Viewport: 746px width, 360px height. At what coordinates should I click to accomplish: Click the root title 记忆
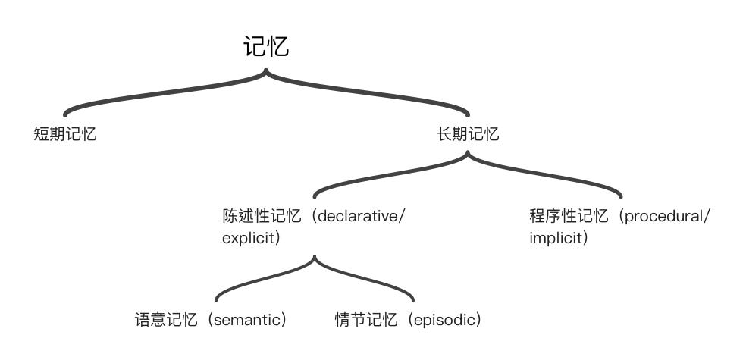pyautogui.click(x=266, y=47)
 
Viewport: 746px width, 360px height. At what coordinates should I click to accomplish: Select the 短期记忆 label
pyautogui.click(x=65, y=135)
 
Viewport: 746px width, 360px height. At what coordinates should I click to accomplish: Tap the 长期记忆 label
pyautogui.click(x=468, y=135)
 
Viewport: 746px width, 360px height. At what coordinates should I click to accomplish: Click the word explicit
pyautogui.click(x=247, y=238)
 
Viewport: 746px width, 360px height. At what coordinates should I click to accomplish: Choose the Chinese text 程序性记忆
pyautogui.click(x=569, y=216)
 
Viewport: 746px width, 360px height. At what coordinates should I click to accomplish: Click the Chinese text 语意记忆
pyautogui.click(x=165, y=320)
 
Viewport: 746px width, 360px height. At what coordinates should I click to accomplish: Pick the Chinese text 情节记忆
pyautogui.click(x=366, y=320)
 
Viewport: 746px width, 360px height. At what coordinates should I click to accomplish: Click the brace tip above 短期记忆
pyautogui.click(x=65, y=114)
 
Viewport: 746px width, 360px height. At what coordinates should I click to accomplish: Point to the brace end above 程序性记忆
pyautogui.click(x=621, y=196)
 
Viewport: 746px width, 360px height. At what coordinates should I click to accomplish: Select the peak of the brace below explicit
pyautogui.click(x=315, y=257)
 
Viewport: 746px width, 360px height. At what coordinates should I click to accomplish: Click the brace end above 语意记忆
pyautogui.click(x=216, y=300)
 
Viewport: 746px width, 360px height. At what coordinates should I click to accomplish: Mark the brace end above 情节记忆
pyautogui.click(x=414, y=300)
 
